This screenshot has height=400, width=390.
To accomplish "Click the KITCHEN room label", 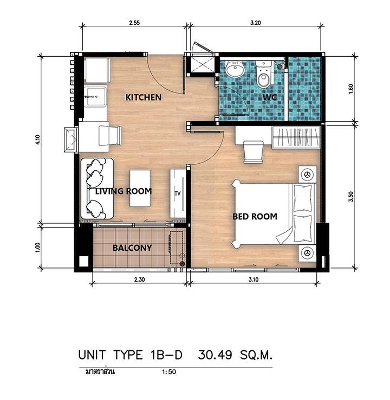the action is [144, 97].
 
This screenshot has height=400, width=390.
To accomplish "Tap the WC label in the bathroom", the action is [270, 97].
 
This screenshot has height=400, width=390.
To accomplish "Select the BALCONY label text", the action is [132, 248].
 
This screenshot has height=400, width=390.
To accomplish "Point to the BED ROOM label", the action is [255, 216].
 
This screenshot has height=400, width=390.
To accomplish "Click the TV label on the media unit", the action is [178, 194].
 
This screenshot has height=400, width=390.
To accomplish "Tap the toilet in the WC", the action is [263, 74].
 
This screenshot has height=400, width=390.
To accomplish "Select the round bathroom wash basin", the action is [235, 69].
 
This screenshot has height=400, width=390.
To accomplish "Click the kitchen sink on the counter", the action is [95, 97].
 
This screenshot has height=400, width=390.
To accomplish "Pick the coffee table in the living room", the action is [140, 188].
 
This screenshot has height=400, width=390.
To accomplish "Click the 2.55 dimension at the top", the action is [134, 23].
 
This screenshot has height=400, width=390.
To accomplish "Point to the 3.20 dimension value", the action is [256, 23].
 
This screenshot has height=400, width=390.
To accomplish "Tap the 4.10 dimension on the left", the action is [38, 140].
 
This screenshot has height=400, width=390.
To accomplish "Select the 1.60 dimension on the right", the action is [350, 89].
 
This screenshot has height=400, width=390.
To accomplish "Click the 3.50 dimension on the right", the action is [350, 197].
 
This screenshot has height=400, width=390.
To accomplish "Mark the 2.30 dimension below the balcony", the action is [140, 279].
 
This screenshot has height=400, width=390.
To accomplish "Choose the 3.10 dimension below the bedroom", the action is [253, 279].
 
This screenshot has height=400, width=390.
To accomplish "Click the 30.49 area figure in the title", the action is [215, 355].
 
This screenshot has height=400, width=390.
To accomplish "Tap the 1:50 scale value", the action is [169, 371].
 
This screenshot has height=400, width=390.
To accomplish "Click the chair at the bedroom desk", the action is [253, 152].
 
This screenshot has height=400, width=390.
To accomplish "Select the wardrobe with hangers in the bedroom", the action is [296, 137].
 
